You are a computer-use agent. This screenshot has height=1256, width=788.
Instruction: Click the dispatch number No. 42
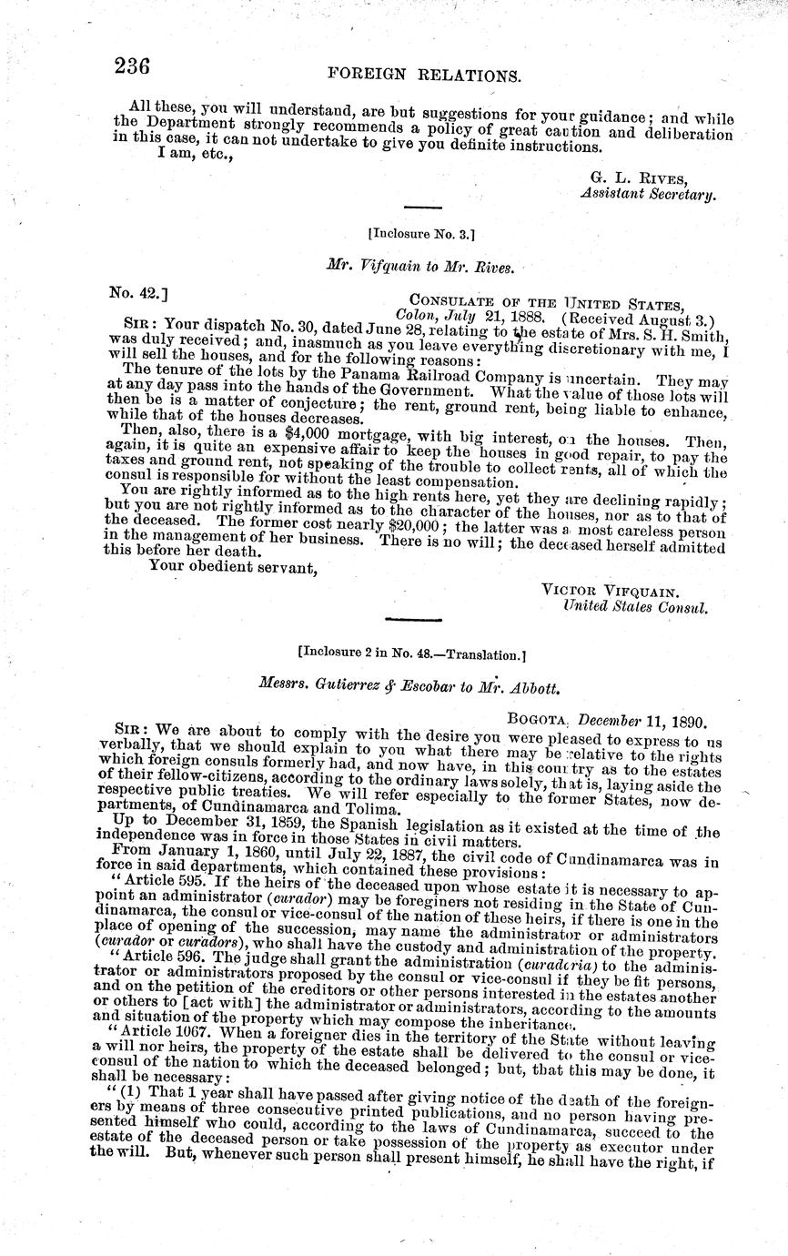[136, 293]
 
